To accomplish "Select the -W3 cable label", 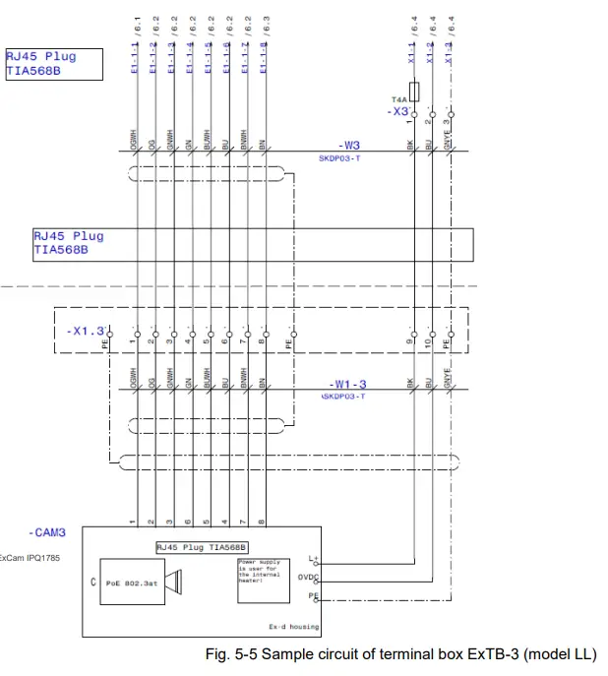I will point(350,145).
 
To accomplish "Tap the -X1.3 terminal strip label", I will point(86,331).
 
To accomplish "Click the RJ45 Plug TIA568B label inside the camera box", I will point(201,546).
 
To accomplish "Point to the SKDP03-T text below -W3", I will point(339,157).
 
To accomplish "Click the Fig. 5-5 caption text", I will point(399,654).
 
